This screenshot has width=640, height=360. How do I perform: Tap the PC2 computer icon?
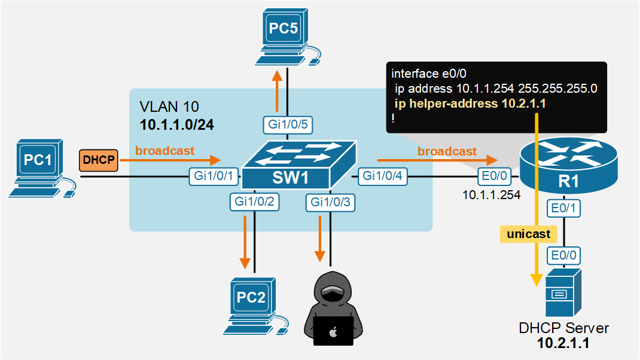coord(254,305)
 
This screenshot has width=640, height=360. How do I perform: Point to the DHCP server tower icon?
coord(563,294)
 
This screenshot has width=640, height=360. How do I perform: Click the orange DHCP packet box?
coord(99,160)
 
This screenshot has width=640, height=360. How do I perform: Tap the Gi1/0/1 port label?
coord(214,176)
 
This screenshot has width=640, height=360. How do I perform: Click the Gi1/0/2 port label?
coord(254,202)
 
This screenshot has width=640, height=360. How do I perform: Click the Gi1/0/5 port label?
coord(288,124)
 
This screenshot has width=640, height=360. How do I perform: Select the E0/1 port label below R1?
coord(563,208)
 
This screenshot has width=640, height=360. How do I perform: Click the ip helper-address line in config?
coord(470,103)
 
